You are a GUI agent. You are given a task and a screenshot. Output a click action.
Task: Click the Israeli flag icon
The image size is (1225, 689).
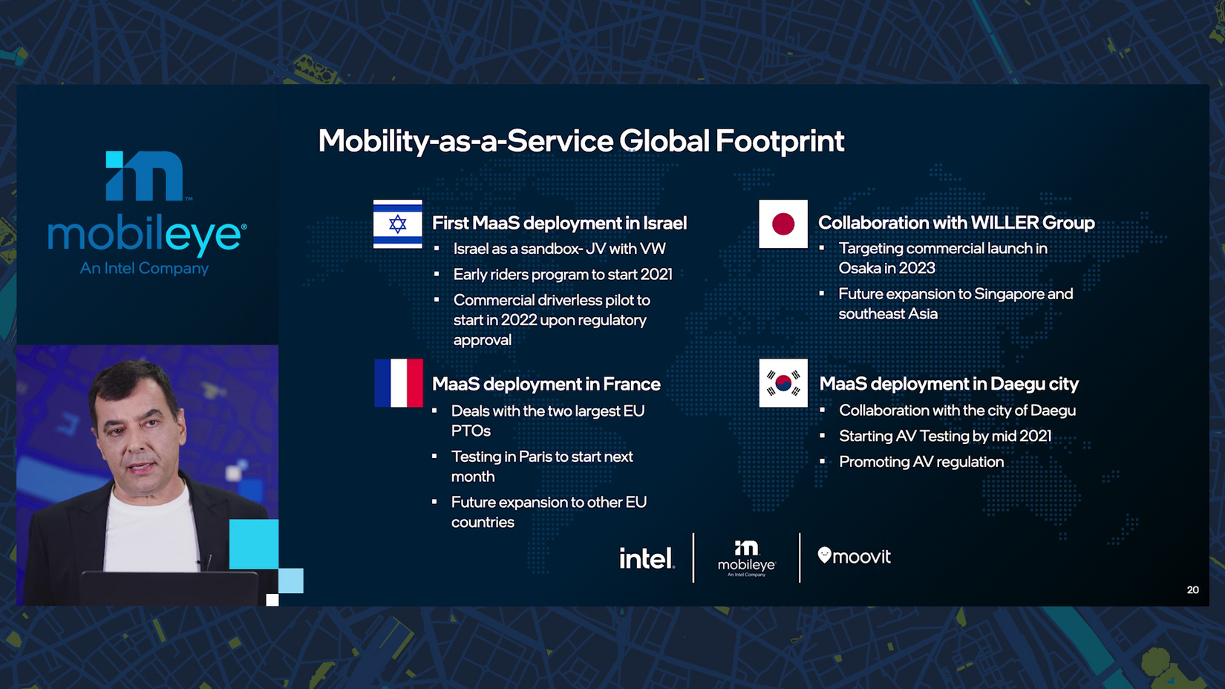[x=398, y=224]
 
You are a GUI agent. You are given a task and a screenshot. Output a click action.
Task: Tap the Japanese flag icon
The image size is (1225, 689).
[x=783, y=224]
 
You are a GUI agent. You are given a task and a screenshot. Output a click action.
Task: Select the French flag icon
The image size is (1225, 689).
[x=399, y=383]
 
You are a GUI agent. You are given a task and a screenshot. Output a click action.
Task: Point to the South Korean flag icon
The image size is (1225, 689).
[x=783, y=383]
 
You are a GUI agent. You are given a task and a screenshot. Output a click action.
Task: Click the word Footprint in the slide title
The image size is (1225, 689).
[x=780, y=141]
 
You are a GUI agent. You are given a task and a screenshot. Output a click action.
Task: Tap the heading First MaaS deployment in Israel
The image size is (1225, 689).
[x=560, y=223]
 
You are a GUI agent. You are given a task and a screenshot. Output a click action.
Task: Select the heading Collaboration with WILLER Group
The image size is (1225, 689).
[x=956, y=223]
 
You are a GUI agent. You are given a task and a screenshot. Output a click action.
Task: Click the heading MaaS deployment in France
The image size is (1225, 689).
[x=546, y=384]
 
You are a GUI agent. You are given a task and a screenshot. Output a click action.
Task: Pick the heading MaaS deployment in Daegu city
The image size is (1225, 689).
[x=949, y=384]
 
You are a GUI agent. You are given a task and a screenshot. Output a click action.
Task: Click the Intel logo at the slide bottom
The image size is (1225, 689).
[x=647, y=558]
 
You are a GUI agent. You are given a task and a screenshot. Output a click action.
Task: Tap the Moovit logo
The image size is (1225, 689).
[x=855, y=556]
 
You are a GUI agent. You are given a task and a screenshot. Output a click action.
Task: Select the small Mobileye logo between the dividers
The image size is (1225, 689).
[x=746, y=558]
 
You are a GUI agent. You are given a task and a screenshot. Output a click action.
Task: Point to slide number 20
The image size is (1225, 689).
[x=1193, y=590]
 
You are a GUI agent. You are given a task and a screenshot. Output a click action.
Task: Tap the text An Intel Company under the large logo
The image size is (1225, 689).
[x=144, y=268]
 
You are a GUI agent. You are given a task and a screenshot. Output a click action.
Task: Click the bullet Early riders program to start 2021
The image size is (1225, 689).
[x=563, y=274]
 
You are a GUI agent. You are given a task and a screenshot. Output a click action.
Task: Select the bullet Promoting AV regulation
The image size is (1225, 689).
[x=921, y=462]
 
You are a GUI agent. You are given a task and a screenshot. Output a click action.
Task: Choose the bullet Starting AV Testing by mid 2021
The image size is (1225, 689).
[x=945, y=436]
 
